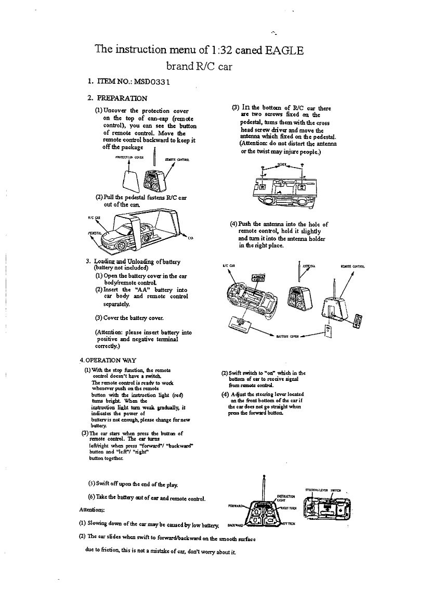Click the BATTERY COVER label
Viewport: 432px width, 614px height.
click(x=290, y=337)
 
